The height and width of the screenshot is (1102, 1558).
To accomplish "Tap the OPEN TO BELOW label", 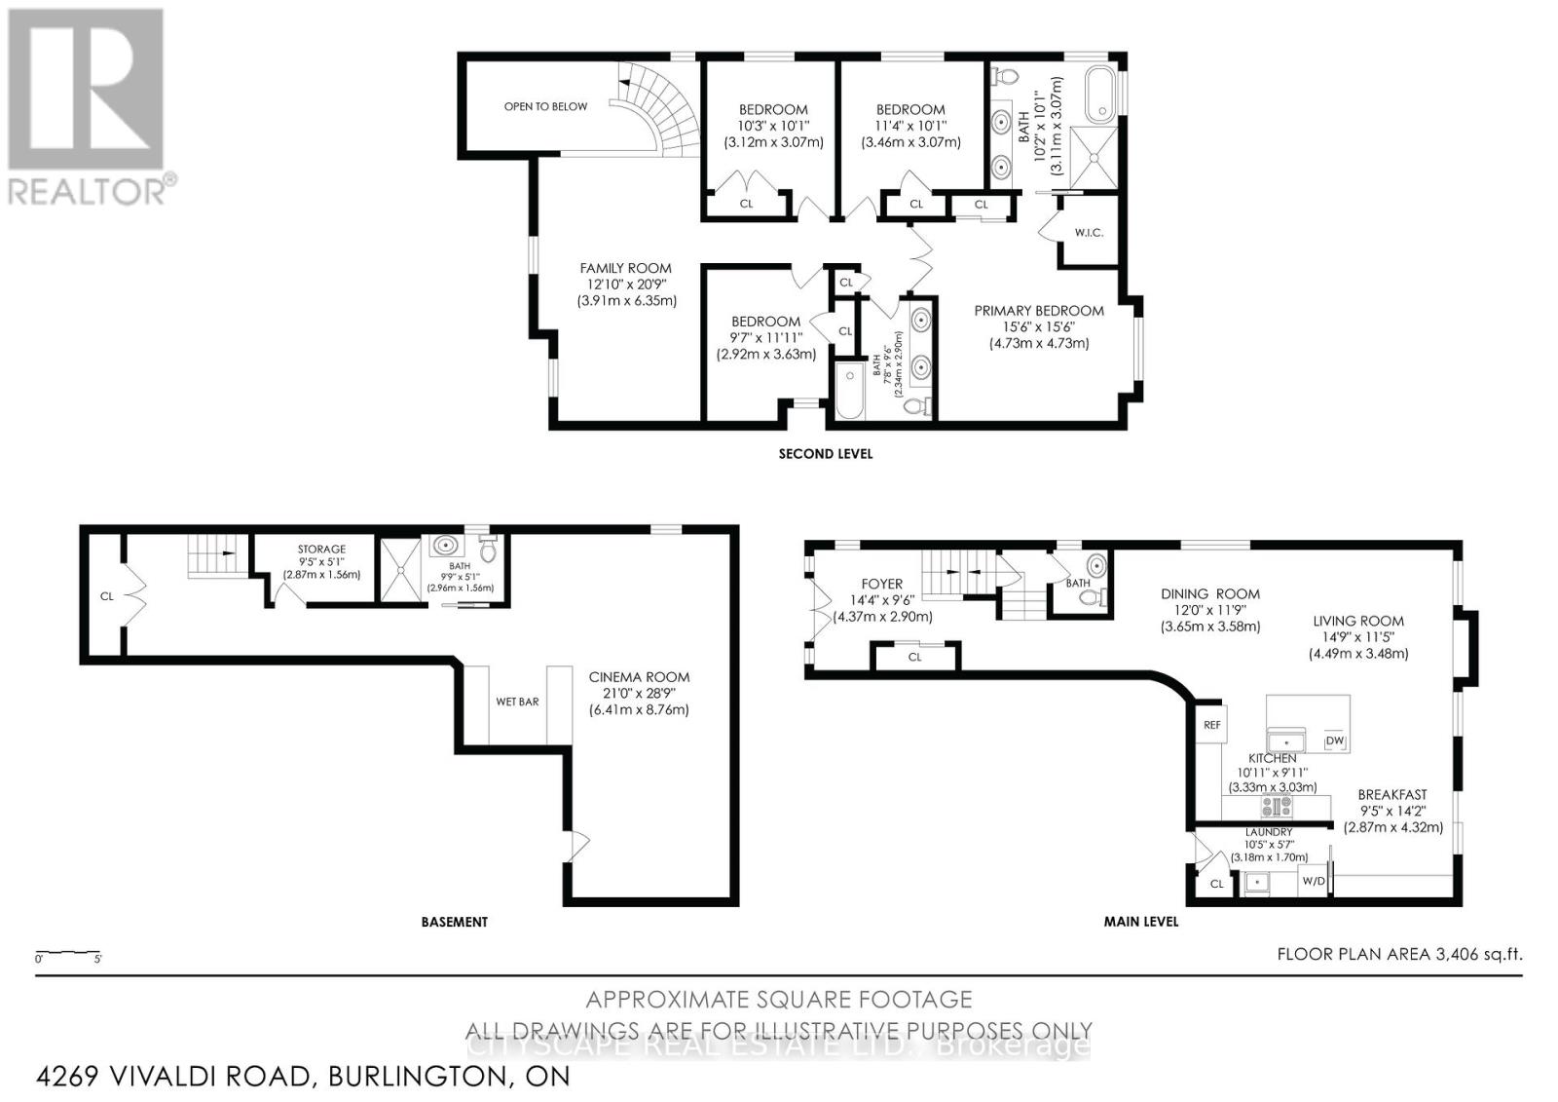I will (x=545, y=106).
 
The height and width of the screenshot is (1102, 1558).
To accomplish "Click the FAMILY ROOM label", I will (x=625, y=268).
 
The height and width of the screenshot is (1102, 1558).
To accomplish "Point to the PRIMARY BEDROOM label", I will (x=1039, y=311).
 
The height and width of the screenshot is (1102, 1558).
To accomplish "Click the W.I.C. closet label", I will (x=1088, y=233).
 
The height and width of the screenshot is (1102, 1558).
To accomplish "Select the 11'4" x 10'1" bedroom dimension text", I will (x=909, y=126).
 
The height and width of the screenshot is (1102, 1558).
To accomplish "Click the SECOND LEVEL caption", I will (x=825, y=453).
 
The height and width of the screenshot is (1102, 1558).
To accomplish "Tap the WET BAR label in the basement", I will (x=517, y=702).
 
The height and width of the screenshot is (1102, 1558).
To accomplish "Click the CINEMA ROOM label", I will (x=639, y=676).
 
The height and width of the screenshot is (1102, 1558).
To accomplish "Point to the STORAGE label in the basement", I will (x=321, y=550).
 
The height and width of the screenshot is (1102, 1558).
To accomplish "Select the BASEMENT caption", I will (x=454, y=921).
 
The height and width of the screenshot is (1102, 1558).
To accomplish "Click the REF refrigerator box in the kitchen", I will (x=1211, y=725).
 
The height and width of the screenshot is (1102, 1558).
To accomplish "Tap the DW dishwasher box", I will (x=1334, y=741).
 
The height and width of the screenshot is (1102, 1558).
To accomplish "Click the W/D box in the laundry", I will (x=1314, y=881).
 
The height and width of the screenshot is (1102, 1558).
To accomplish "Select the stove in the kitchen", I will (x=1277, y=806).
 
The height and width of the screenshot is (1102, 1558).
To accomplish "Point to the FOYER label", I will (x=883, y=585).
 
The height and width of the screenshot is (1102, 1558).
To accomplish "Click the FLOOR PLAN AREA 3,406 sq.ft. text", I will (x=1398, y=954).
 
